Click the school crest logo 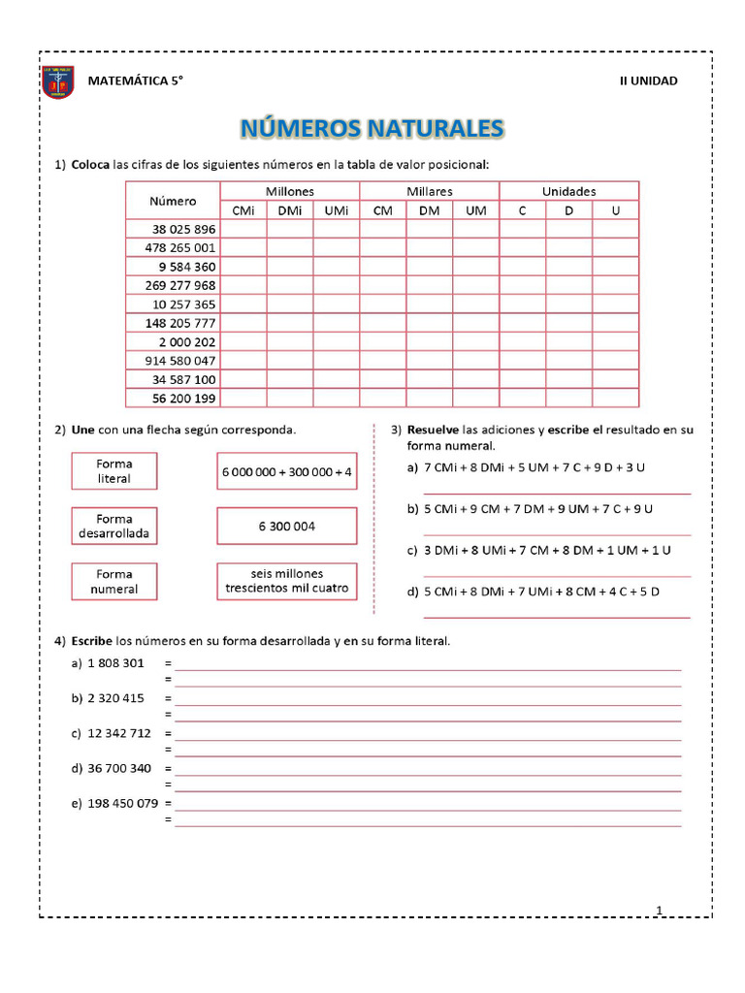click(x=58, y=82)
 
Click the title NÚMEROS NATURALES click(x=372, y=128)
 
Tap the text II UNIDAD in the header click(x=648, y=80)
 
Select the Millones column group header click(x=289, y=191)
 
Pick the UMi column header click(x=336, y=210)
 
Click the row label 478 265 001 click(x=183, y=248)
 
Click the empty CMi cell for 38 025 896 click(x=243, y=230)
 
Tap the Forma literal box click(x=114, y=471)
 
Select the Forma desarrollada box click(x=114, y=527)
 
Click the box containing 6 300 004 click(x=287, y=527)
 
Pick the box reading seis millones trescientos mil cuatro click(x=287, y=582)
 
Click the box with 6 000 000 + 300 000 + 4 click(x=287, y=471)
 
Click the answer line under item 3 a click(x=557, y=493)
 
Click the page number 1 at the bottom click(x=659, y=910)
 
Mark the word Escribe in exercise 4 click(x=91, y=641)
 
